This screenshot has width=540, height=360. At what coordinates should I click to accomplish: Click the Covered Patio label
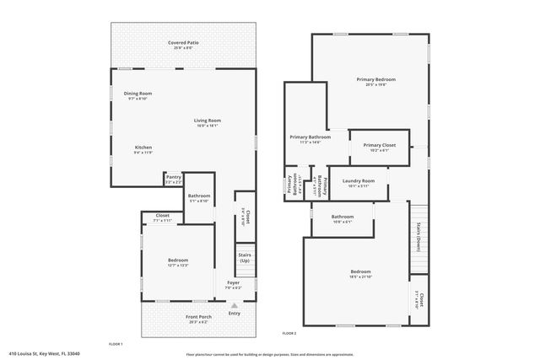click(183, 42)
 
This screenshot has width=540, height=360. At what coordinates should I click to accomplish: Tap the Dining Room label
click(138, 94)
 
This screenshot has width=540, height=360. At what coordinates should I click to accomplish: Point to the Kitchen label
click(143, 148)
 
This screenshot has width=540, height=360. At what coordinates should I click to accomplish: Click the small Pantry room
click(173, 178)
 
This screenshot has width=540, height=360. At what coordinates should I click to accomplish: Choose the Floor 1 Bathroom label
click(199, 196)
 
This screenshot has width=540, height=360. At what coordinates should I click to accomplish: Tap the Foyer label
click(234, 284)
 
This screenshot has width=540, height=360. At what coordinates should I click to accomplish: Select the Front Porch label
click(198, 316)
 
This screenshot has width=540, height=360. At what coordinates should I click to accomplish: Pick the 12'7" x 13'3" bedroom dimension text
click(177, 266)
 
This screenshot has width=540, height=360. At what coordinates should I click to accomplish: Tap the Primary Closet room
click(379, 147)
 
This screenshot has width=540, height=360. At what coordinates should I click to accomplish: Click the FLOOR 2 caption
click(289, 334)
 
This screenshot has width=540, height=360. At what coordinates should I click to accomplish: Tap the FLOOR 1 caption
click(116, 344)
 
